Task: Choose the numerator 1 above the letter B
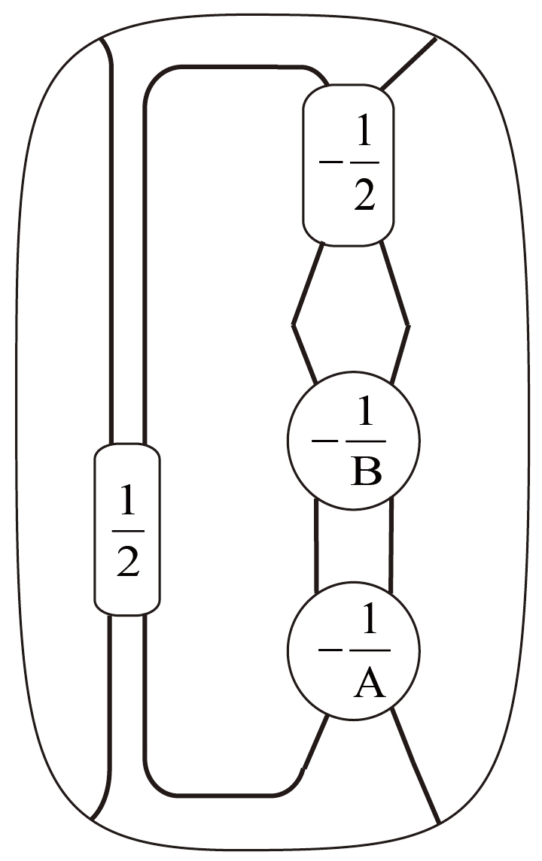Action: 367,414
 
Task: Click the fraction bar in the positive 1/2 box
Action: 128,530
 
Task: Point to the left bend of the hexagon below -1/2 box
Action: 294,325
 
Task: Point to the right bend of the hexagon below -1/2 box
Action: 408,325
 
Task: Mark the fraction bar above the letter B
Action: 367,441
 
